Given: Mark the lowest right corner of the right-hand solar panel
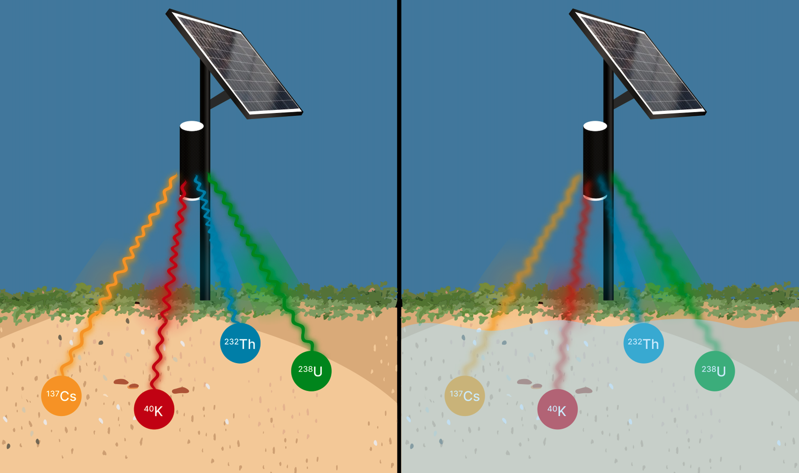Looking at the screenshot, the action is pyautogui.click(x=705, y=113).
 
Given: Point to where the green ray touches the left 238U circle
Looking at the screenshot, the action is pyautogui.click(x=312, y=351).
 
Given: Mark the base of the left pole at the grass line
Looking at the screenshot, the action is pyautogui.click(x=205, y=299).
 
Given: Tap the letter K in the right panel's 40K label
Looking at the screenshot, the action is pyautogui.click(x=562, y=411).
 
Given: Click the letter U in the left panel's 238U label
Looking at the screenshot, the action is pyautogui.click(x=318, y=372).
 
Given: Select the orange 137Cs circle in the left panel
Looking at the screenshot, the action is pyautogui.click(x=61, y=396).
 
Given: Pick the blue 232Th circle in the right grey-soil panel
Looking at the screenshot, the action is pyautogui.click(x=643, y=343).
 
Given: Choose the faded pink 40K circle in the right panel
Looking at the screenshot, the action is pyautogui.click(x=557, y=409).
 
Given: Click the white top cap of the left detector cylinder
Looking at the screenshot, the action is pyautogui.click(x=192, y=126).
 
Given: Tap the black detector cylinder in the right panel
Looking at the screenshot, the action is pyautogui.click(x=595, y=161).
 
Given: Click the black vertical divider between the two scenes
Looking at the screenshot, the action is pyautogui.click(x=399, y=236).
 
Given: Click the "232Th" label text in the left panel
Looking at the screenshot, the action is pyautogui.click(x=240, y=343).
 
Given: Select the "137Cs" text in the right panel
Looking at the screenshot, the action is pyautogui.click(x=465, y=396).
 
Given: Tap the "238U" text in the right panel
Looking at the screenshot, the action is pyautogui.click(x=714, y=371).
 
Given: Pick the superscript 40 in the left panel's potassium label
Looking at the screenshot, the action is pyautogui.click(x=148, y=408).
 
